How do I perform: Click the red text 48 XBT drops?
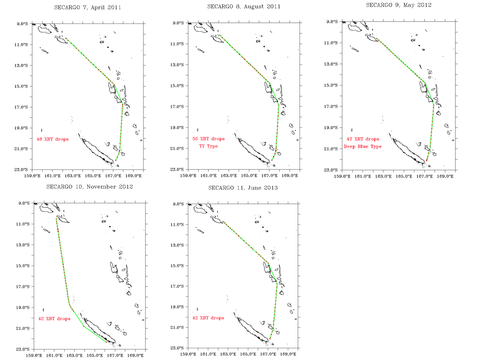click(x=53, y=139)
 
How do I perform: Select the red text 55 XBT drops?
click(x=209, y=139)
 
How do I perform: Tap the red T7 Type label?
click(x=209, y=146)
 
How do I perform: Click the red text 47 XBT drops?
click(x=362, y=139)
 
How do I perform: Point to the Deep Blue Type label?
click(x=362, y=147)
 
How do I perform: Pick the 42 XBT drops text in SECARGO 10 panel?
click(x=54, y=319)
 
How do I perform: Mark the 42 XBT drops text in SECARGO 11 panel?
click(x=208, y=318)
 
